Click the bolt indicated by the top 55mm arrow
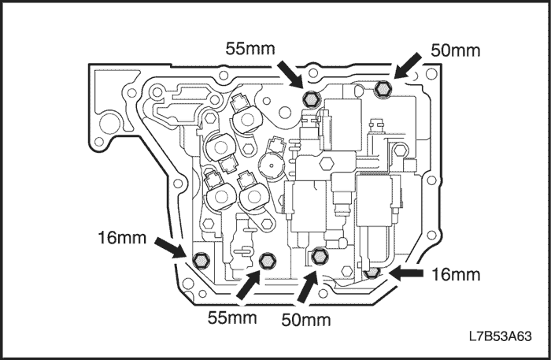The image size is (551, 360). click(310, 98)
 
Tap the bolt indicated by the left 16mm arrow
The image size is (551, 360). click(200, 259)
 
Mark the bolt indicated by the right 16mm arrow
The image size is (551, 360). click(373, 273)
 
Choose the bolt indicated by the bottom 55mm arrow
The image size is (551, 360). click(268, 259)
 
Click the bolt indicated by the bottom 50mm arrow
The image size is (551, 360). click(319, 255)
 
